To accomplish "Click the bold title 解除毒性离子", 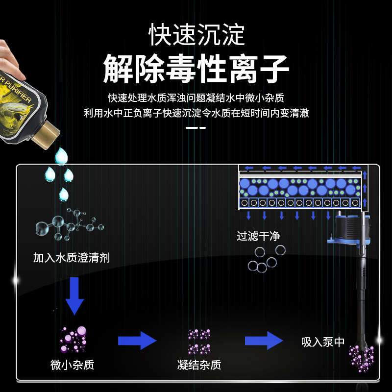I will pos(196,70).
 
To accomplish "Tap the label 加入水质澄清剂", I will pos(71,258).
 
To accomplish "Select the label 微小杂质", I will pos(72,365).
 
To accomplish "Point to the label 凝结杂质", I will pos(199,365).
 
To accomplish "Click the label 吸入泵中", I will pos(323,342).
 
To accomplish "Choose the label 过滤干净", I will pos(258,236).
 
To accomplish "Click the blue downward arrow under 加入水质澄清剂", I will pos(75,295).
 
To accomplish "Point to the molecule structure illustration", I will pos(70,225).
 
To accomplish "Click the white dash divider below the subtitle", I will pos(196,128).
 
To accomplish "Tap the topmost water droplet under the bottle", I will pos(61,156).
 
